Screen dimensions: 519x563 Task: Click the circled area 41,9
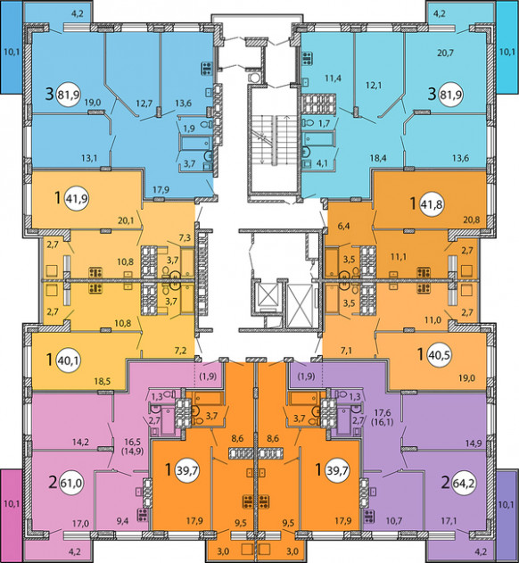[x=78, y=197]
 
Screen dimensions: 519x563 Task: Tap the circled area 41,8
[x=432, y=204]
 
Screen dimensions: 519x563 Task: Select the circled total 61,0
[x=70, y=484]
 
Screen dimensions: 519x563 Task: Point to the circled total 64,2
[x=463, y=483]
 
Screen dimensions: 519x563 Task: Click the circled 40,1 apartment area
[x=69, y=360]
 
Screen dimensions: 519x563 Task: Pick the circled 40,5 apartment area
[x=440, y=355]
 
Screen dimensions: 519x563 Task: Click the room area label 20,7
[x=445, y=54]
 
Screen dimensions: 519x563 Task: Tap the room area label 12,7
[x=144, y=103]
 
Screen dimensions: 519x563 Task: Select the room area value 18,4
[x=378, y=158]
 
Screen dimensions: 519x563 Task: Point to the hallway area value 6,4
[x=343, y=226]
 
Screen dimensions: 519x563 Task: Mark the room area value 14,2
[x=80, y=442]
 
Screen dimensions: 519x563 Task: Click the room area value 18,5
[x=103, y=381]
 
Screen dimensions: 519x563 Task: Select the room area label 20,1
[x=126, y=220]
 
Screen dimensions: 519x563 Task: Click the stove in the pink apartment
[x=143, y=516]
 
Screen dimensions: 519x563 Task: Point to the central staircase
[x=275, y=140]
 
